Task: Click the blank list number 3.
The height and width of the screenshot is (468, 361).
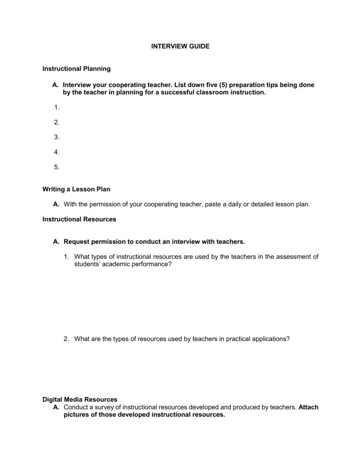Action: pos(56,137)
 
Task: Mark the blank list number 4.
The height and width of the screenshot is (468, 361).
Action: pos(56,152)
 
